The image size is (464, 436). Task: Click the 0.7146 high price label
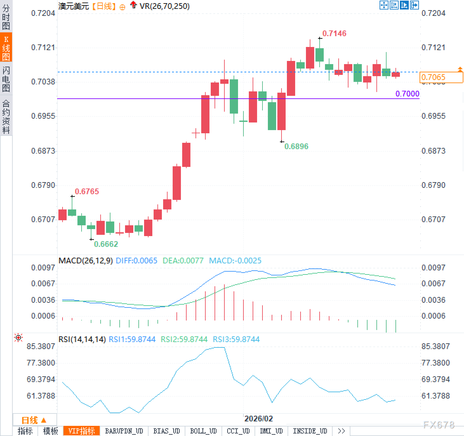[334, 33]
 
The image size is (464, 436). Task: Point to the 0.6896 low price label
[296, 146]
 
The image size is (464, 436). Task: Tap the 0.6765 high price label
[87, 191]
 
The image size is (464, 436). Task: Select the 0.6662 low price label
[106, 244]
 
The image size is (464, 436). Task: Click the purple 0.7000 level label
[407, 94]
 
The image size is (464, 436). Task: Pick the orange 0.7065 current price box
[441, 77]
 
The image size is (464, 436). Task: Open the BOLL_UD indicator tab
[203, 431]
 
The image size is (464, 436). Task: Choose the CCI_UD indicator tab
[238, 431]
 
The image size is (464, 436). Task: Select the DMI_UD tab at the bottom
[271, 431]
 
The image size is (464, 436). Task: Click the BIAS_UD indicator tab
[166, 431]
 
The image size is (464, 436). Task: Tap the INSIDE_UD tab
[310, 431]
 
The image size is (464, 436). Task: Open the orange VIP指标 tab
[82, 431]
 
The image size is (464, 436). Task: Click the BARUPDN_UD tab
[124, 431]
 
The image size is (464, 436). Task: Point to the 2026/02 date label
[258, 419]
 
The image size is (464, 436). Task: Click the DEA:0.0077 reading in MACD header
[183, 261]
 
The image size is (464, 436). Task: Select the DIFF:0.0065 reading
[136, 261]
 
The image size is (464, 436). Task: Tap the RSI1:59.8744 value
[132, 339]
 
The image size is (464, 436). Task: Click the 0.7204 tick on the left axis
[43, 13]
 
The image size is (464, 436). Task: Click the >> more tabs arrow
[341, 431]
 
